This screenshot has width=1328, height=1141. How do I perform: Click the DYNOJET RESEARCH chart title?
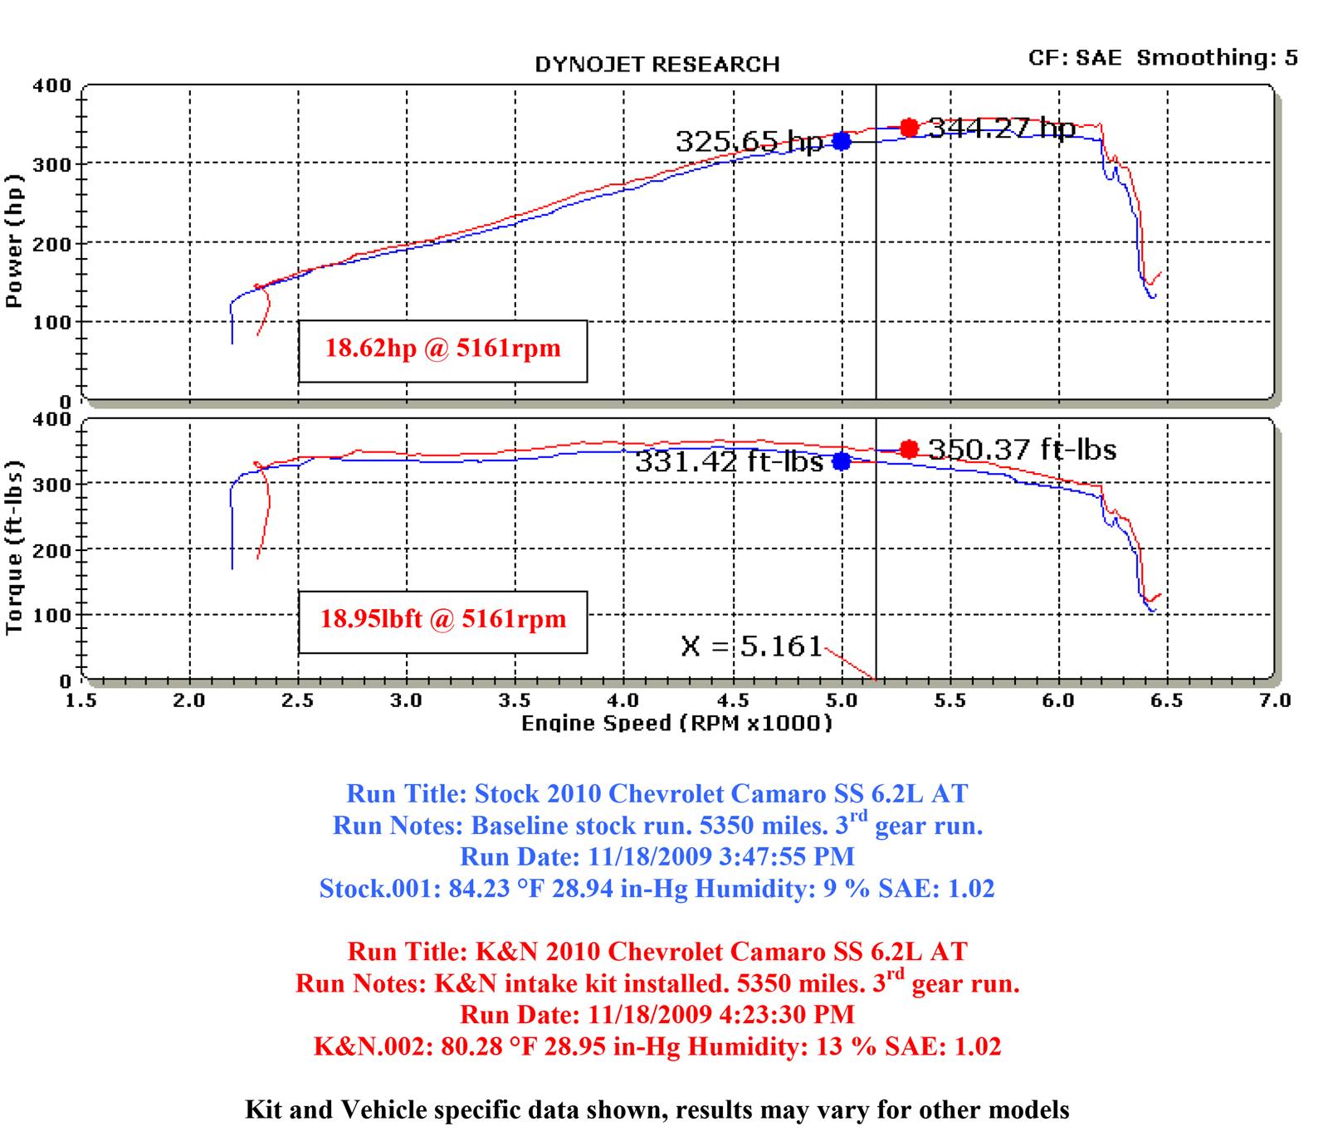(x=657, y=65)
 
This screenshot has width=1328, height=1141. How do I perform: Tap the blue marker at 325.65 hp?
(x=842, y=141)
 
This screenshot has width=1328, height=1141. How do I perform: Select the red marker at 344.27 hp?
(x=909, y=128)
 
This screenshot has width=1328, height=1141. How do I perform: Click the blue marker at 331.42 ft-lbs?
(x=842, y=461)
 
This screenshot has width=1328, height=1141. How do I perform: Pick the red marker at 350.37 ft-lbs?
(x=909, y=449)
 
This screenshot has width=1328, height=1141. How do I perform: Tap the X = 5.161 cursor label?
(x=751, y=646)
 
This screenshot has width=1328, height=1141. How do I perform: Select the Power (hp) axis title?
(x=14, y=241)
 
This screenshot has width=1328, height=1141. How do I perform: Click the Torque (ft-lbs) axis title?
(x=14, y=548)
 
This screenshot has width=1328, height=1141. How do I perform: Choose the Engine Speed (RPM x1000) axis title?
(x=676, y=724)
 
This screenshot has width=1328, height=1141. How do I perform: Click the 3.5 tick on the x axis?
(x=516, y=700)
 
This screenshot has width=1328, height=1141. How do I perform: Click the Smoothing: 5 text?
(x=1217, y=57)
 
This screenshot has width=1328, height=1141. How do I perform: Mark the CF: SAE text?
(x=1075, y=57)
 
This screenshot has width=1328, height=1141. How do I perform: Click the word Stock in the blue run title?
(x=509, y=793)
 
